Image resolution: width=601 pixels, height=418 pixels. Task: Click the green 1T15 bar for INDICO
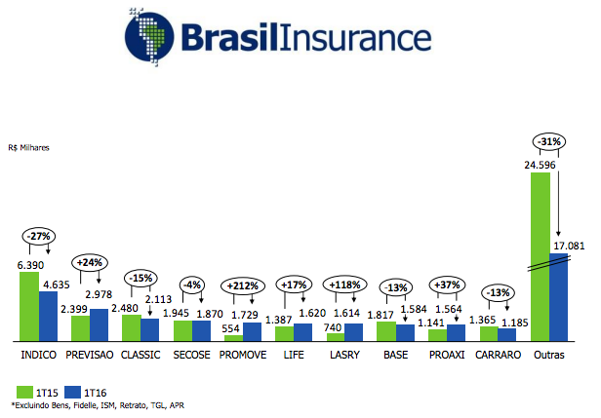pos(29,306)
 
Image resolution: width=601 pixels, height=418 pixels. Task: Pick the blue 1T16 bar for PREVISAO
pos(99,324)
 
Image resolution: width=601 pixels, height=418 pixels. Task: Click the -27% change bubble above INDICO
pos(40,237)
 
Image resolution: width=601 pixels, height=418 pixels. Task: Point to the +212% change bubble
pos(243,286)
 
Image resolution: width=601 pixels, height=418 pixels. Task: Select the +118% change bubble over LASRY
pos(345,285)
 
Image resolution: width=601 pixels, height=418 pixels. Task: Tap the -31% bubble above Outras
pos(548,143)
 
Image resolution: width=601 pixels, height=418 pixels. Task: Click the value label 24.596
pos(540,165)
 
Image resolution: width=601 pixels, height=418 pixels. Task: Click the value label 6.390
pos(30,265)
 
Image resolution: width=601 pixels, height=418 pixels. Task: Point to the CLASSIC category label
pos(140,354)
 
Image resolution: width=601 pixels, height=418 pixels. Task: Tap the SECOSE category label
pos(191,354)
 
